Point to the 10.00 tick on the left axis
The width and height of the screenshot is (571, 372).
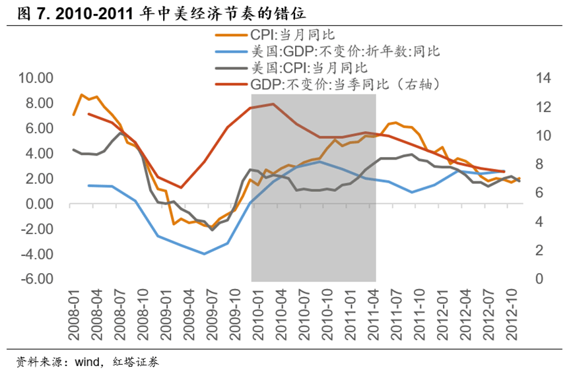(36, 78)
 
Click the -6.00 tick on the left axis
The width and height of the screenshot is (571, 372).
(36, 279)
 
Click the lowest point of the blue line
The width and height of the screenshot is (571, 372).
(205, 254)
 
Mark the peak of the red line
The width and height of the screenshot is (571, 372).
(273, 104)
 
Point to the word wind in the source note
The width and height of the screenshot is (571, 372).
(85, 362)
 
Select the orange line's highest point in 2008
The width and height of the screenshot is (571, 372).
(81, 95)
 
